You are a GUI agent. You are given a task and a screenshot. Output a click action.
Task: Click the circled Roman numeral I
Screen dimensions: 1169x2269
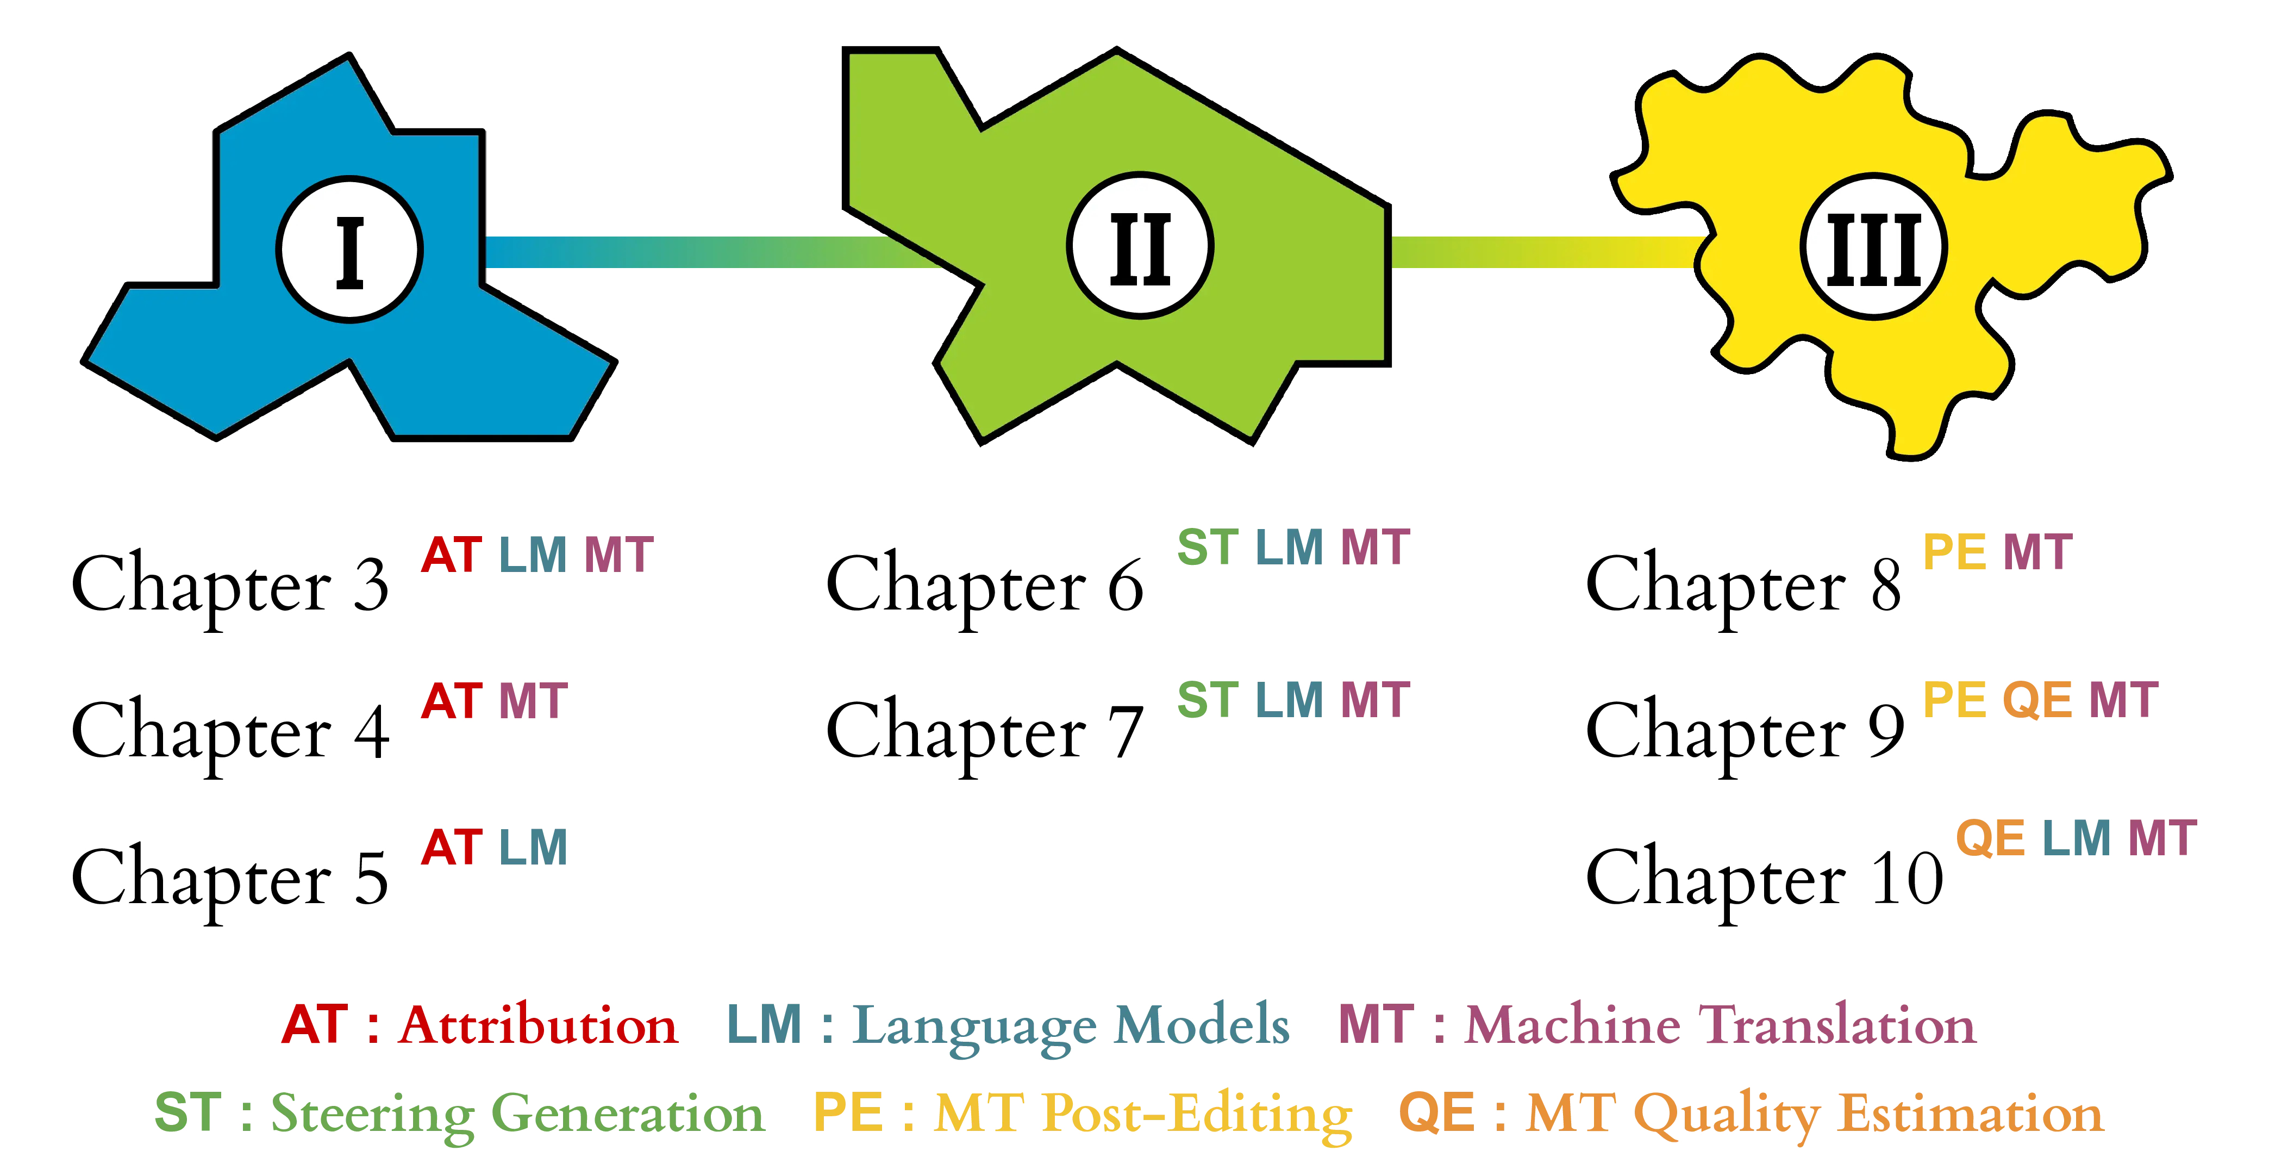pyautogui.click(x=349, y=250)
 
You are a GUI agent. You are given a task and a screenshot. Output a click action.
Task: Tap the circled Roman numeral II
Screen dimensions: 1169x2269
pyautogui.click(x=1140, y=246)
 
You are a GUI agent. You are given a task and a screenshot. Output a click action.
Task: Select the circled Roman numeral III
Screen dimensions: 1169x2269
pyautogui.click(x=1873, y=247)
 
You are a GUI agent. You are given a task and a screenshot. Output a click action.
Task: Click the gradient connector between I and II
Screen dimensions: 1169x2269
pyautogui.click(x=705, y=252)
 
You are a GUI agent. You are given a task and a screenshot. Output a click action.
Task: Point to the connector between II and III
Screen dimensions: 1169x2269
pyautogui.click(x=1541, y=252)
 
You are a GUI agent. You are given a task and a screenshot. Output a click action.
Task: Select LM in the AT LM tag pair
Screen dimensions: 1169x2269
pyautogui.click(x=534, y=847)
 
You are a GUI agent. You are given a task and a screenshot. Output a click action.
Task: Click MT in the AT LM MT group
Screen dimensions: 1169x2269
pyautogui.click(x=618, y=555)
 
